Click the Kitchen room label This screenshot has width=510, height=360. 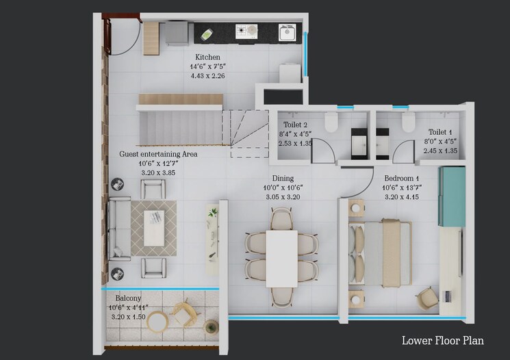(x=207, y=57)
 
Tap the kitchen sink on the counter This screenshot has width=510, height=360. (x=287, y=31)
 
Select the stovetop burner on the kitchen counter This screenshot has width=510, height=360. (x=244, y=31)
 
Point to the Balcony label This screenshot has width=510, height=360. (x=129, y=299)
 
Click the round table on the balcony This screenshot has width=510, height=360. (x=157, y=322)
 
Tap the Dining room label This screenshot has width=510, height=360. (x=282, y=179)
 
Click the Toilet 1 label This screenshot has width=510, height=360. (x=441, y=131)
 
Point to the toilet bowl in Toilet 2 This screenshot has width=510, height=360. (x=331, y=123)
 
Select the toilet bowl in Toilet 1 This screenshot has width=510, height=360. (x=409, y=123)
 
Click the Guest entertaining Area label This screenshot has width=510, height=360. (x=158, y=155)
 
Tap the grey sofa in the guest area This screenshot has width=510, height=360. (x=120, y=228)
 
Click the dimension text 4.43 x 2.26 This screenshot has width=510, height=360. (x=207, y=75)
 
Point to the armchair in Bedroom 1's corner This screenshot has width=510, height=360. (x=427, y=296)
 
